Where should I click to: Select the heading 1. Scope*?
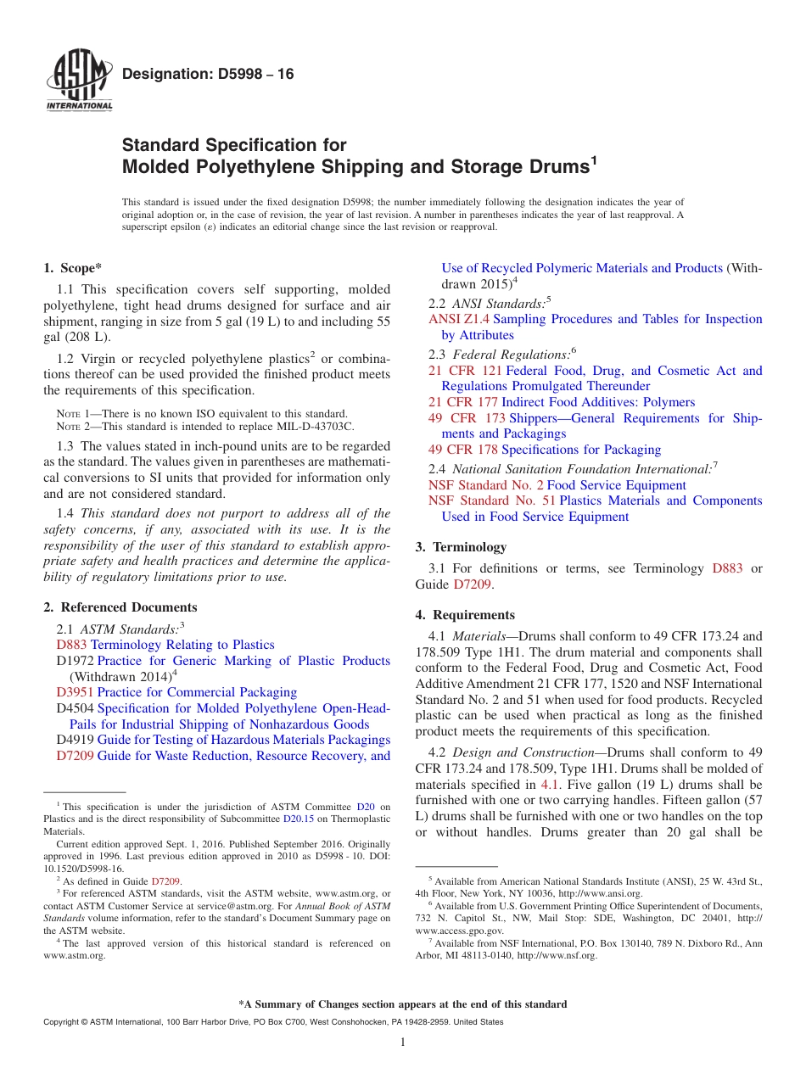73,268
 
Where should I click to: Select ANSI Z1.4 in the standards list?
458,319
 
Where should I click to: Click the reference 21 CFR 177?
463,402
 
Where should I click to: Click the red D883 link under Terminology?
727,568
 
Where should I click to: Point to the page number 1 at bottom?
403,1043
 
